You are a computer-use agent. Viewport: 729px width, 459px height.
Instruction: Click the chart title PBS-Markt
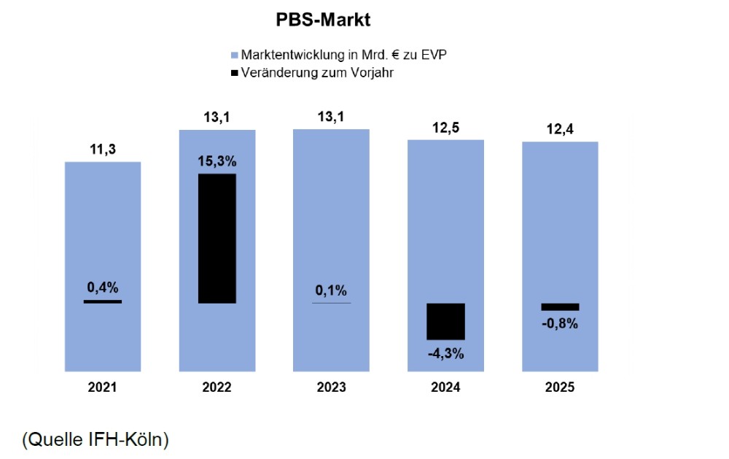click(323, 20)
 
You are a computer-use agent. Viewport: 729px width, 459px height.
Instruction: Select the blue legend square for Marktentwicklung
click(234, 55)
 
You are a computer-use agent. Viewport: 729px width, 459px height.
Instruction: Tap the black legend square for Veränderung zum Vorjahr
click(234, 73)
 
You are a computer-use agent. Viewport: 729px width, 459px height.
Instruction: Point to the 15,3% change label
click(217, 161)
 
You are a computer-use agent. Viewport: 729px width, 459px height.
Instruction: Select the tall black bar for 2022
click(217, 238)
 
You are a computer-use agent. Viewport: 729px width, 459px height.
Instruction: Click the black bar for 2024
click(445, 321)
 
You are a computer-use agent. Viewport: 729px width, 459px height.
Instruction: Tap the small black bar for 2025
click(560, 306)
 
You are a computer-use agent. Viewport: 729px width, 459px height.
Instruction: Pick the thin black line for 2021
click(102, 301)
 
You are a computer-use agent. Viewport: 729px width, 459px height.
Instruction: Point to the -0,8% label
click(560, 324)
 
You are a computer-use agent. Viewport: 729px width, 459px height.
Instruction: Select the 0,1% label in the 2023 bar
click(331, 290)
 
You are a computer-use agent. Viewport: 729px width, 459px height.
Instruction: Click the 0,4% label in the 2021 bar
click(102, 288)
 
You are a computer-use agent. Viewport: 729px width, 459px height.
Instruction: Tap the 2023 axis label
click(331, 387)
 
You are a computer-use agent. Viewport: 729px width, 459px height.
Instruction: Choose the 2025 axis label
click(560, 387)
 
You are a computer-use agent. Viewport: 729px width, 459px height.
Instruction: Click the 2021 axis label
click(102, 387)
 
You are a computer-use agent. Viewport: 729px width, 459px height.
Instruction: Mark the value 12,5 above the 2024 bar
click(445, 128)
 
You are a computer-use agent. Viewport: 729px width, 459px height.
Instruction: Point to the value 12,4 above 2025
click(560, 131)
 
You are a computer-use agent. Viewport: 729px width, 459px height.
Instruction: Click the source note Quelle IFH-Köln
click(95, 439)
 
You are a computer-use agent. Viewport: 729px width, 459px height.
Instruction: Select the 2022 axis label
click(217, 387)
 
